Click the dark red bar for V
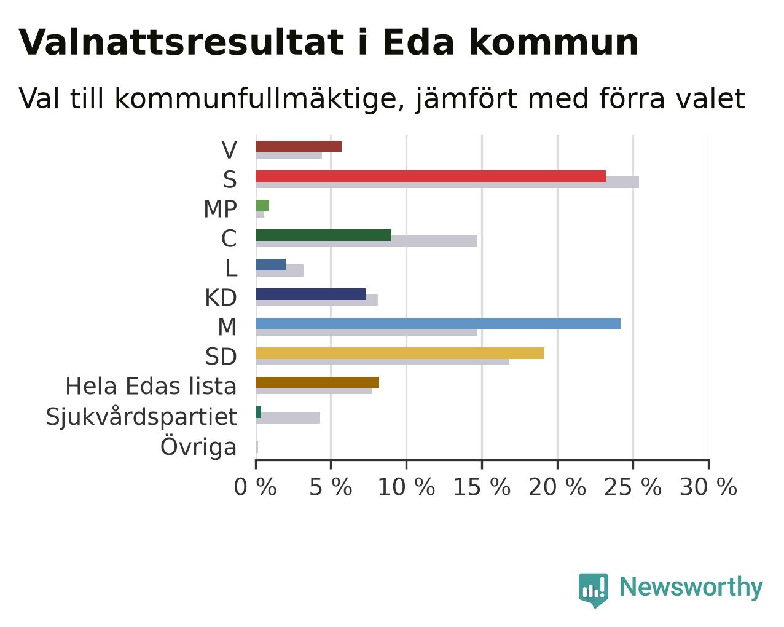pos(299,146)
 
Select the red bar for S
pos(431,176)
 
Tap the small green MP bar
pos(262,205)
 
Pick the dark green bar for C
pos(324,235)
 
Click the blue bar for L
pos(271,265)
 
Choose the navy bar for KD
pos(310,294)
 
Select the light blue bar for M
pos(438,324)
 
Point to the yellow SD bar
pos(399,353)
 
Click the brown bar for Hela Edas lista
pos(317,383)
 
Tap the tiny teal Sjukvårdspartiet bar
pos(258,412)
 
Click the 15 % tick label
pos(482,487)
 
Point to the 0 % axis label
pos(255,487)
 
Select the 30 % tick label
pos(708,487)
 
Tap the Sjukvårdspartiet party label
pos(141,416)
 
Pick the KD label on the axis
pos(221,298)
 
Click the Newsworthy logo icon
pos(594,590)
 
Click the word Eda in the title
pos(418,42)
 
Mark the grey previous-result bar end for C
pos(477,241)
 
